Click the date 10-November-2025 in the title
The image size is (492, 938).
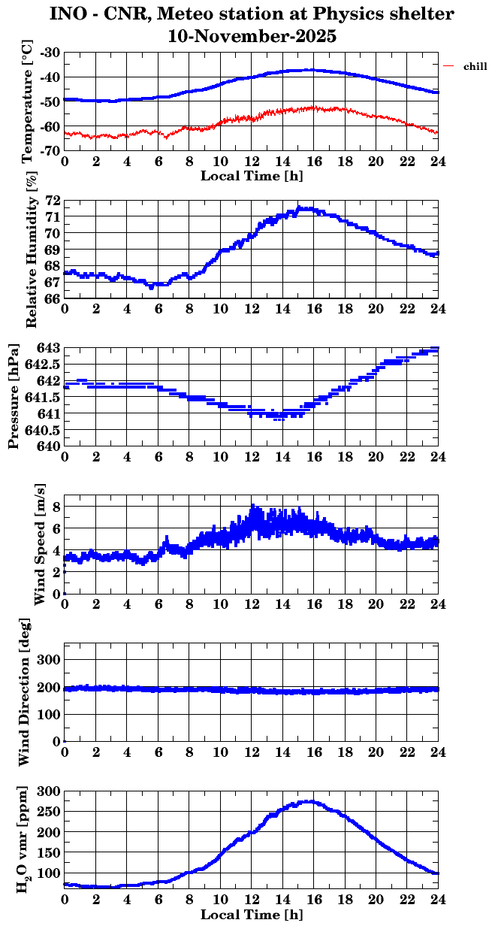[252, 35]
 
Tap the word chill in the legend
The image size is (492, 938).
[475, 66]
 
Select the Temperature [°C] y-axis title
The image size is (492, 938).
[29, 102]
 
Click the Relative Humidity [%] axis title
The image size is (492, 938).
[32, 250]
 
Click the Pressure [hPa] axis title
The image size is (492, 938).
[14, 398]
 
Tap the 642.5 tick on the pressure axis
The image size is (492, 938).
[44, 365]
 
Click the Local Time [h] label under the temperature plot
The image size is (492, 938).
[252, 176]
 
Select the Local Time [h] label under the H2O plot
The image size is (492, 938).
[252, 915]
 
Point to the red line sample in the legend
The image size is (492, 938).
[448, 66]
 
